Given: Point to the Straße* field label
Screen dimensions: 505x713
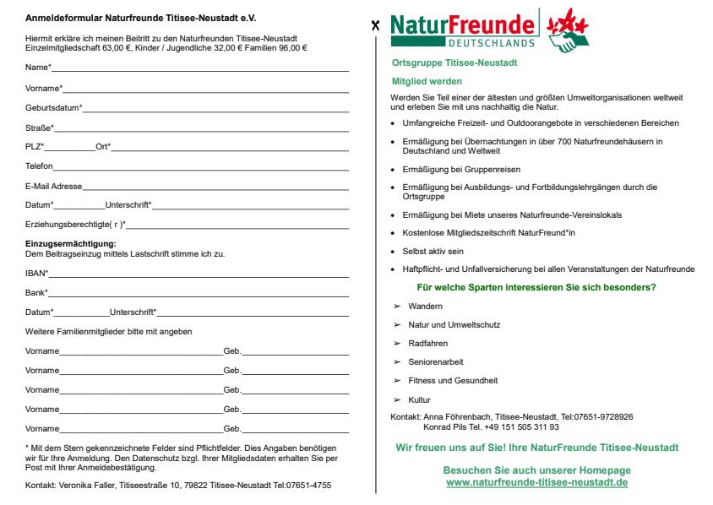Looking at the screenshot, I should [40, 128].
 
